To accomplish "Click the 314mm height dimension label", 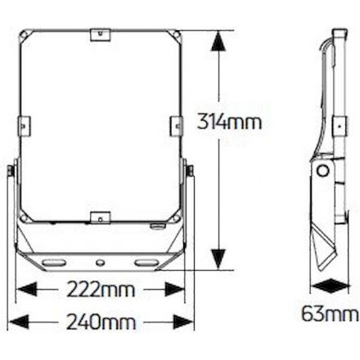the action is [229, 122].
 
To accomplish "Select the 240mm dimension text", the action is [101, 322].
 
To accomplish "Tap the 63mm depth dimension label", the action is [330, 313].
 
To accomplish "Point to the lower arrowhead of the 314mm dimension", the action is [218, 259].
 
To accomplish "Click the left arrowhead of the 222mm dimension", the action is [26, 289].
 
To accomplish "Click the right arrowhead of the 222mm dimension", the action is [175, 289].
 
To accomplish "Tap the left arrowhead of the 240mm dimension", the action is [19, 322].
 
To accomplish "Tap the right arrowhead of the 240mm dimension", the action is [183, 322].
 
